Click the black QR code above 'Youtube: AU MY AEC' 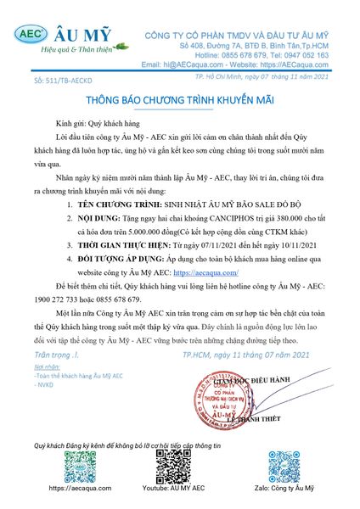174,463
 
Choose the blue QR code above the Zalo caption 278,463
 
